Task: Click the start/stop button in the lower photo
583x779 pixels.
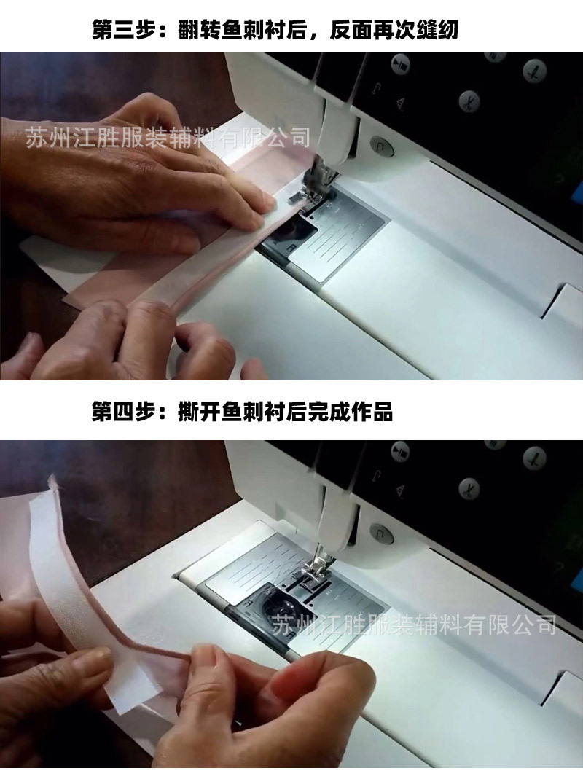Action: [x=380, y=532]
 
